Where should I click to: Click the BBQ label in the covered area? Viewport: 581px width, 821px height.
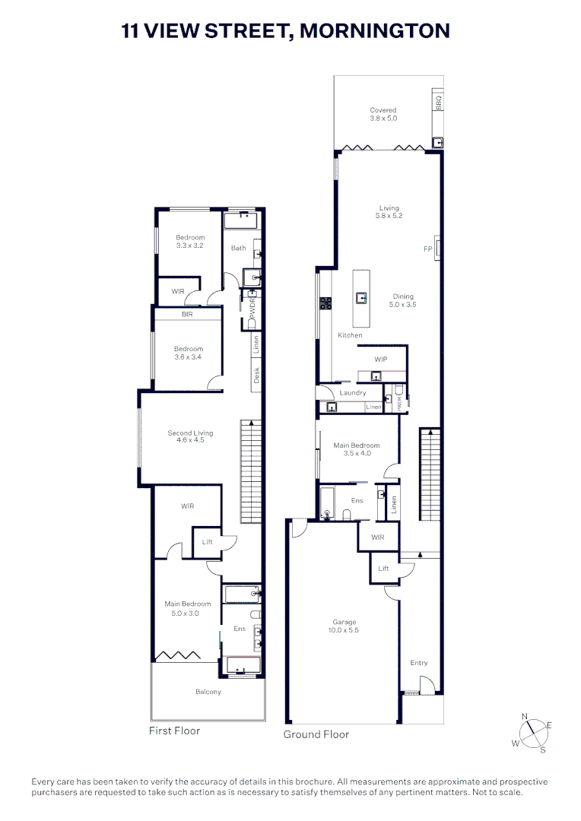[438, 100]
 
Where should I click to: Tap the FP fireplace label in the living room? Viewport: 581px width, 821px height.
[427, 249]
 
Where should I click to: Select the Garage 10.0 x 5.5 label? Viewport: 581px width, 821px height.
[344, 626]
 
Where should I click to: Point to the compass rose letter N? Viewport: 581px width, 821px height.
[524, 716]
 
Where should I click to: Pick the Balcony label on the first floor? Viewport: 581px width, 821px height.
[208, 692]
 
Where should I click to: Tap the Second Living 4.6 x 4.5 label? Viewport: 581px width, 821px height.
[190, 437]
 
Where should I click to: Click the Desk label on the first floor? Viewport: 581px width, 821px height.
[257, 375]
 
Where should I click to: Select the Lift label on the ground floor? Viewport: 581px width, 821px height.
[383, 568]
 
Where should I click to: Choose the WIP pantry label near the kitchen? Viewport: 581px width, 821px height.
[381, 359]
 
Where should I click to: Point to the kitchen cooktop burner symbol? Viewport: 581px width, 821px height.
[325, 303]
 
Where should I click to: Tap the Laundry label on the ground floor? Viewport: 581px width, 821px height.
[353, 393]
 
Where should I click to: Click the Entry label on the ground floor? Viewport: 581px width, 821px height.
[419, 663]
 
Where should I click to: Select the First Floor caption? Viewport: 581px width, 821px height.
[174, 731]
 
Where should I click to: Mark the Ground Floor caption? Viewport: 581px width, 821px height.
[316, 734]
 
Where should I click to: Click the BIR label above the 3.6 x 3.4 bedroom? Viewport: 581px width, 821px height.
[186, 314]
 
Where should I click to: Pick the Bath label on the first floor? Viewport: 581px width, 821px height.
[238, 248]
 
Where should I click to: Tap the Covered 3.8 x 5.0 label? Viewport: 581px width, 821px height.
[383, 115]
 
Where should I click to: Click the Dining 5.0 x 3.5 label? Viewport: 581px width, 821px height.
[404, 300]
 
